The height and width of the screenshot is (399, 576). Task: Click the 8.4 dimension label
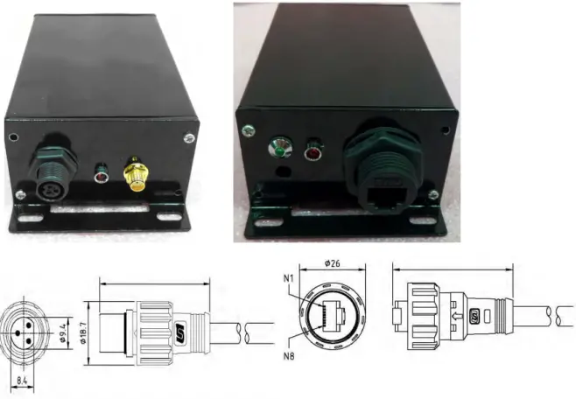tap(25, 379)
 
